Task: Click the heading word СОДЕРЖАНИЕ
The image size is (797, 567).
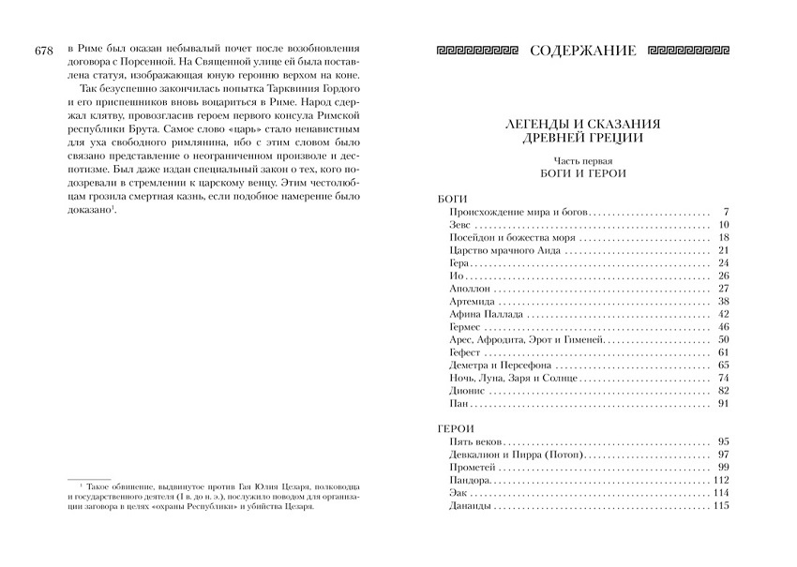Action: (581, 49)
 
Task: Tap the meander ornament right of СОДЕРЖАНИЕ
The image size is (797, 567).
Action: (688, 49)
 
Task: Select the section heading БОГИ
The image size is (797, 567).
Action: (452, 199)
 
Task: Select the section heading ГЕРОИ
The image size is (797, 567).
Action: (457, 426)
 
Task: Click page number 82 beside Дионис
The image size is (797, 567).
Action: (722, 391)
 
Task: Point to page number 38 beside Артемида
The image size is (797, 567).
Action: (722, 302)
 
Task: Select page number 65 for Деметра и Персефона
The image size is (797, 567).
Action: (722, 366)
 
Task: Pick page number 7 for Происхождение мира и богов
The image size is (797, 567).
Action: (726, 212)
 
